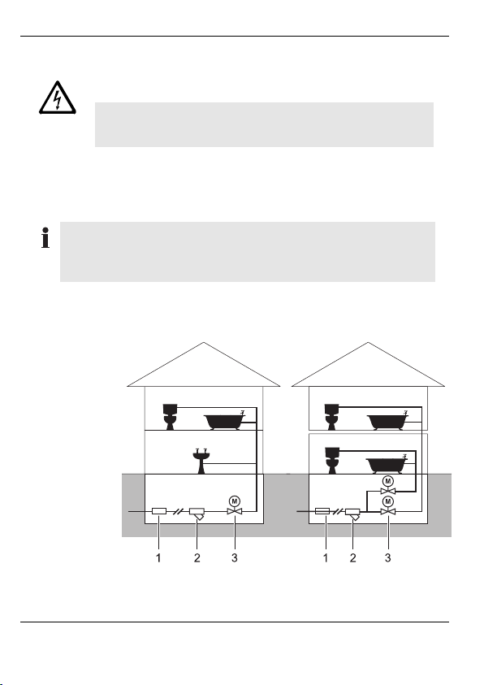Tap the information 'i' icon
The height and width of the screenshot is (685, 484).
pyautogui.click(x=45, y=237)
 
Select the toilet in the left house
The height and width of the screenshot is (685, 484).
pyautogui.click(x=170, y=417)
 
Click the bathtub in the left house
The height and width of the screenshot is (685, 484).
pyautogui.click(x=224, y=420)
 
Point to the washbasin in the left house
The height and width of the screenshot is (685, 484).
pyautogui.click(x=201, y=461)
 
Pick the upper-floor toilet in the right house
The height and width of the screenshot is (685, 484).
pyautogui.click(x=331, y=417)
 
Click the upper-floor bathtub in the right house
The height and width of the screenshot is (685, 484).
pyautogui.click(x=387, y=420)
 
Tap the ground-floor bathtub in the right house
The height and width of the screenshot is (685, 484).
pyautogui.click(x=387, y=464)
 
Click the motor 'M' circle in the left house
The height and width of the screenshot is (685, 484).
pyautogui.click(x=235, y=501)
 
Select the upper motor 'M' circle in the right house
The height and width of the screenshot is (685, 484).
pyautogui.click(x=387, y=481)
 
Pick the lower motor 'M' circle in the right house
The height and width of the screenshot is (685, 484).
pyautogui.click(x=387, y=501)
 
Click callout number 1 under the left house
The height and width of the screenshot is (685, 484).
pyautogui.click(x=159, y=558)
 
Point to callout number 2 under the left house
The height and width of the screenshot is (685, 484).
pyautogui.click(x=197, y=558)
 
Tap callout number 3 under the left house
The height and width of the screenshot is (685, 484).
pyautogui.click(x=235, y=558)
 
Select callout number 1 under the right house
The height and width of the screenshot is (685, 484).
pyautogui.click(x=326, y=558)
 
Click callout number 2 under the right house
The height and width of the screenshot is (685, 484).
pyautogui.click(x=352, y=558)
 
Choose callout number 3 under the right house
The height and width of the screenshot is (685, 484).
pyautogui.click(x=387, y=558)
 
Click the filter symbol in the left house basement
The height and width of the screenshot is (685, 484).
pyautogui.click(x=197, y=513)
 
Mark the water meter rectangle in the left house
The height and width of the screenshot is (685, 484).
pyautogui.click(x=159, y=511)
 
